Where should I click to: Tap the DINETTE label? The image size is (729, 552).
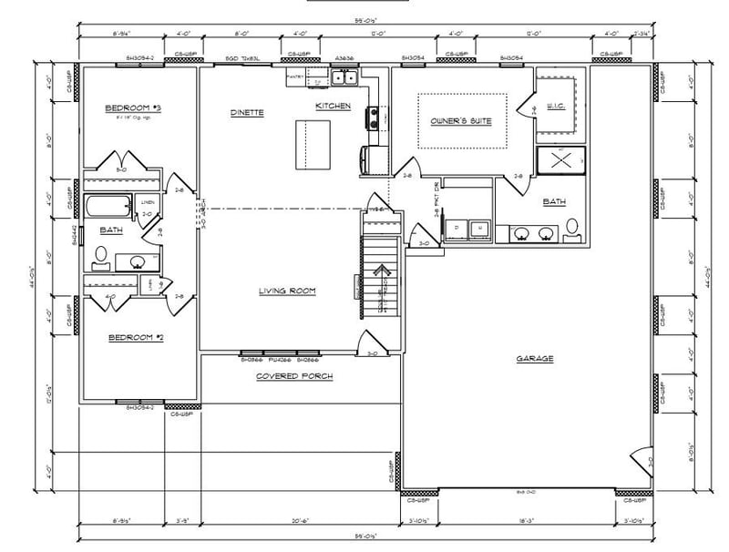[247, 113]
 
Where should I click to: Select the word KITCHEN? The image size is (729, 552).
[333, 107]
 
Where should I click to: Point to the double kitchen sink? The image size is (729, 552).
[344, 79]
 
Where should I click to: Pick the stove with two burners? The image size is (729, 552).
[374, 117]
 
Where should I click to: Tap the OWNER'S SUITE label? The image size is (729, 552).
[461, 121]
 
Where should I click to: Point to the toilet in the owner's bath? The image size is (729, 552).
[572, 229]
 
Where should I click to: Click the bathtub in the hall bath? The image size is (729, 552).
[108, 206]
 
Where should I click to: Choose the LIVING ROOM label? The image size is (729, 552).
[286, 291]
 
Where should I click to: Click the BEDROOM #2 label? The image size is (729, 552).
[136, 338]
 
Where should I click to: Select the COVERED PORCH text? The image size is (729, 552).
[293, 376]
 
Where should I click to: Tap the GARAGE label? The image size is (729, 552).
[534, 359]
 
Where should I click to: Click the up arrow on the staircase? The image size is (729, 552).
[382, 271]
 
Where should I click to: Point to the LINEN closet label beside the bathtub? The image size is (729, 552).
[147, 202]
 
